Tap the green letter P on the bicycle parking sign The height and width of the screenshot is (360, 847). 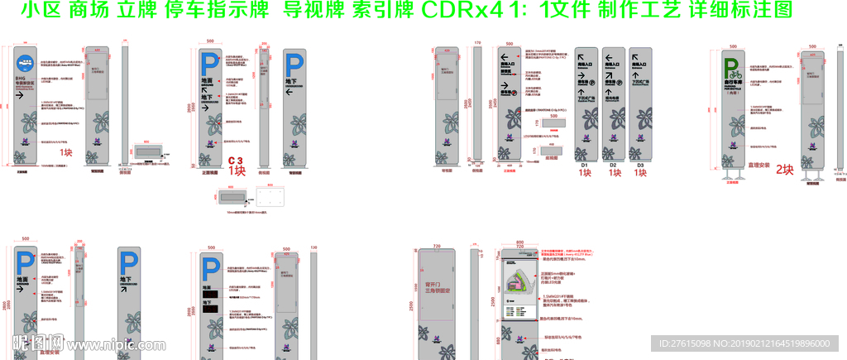[732, 65]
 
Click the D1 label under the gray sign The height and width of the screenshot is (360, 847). [583, 166]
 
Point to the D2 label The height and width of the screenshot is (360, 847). [613, 166]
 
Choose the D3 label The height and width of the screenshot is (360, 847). [640, 166]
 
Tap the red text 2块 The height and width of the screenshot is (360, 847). [783, 170]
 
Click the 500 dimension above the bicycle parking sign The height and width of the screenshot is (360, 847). [734, 47]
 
